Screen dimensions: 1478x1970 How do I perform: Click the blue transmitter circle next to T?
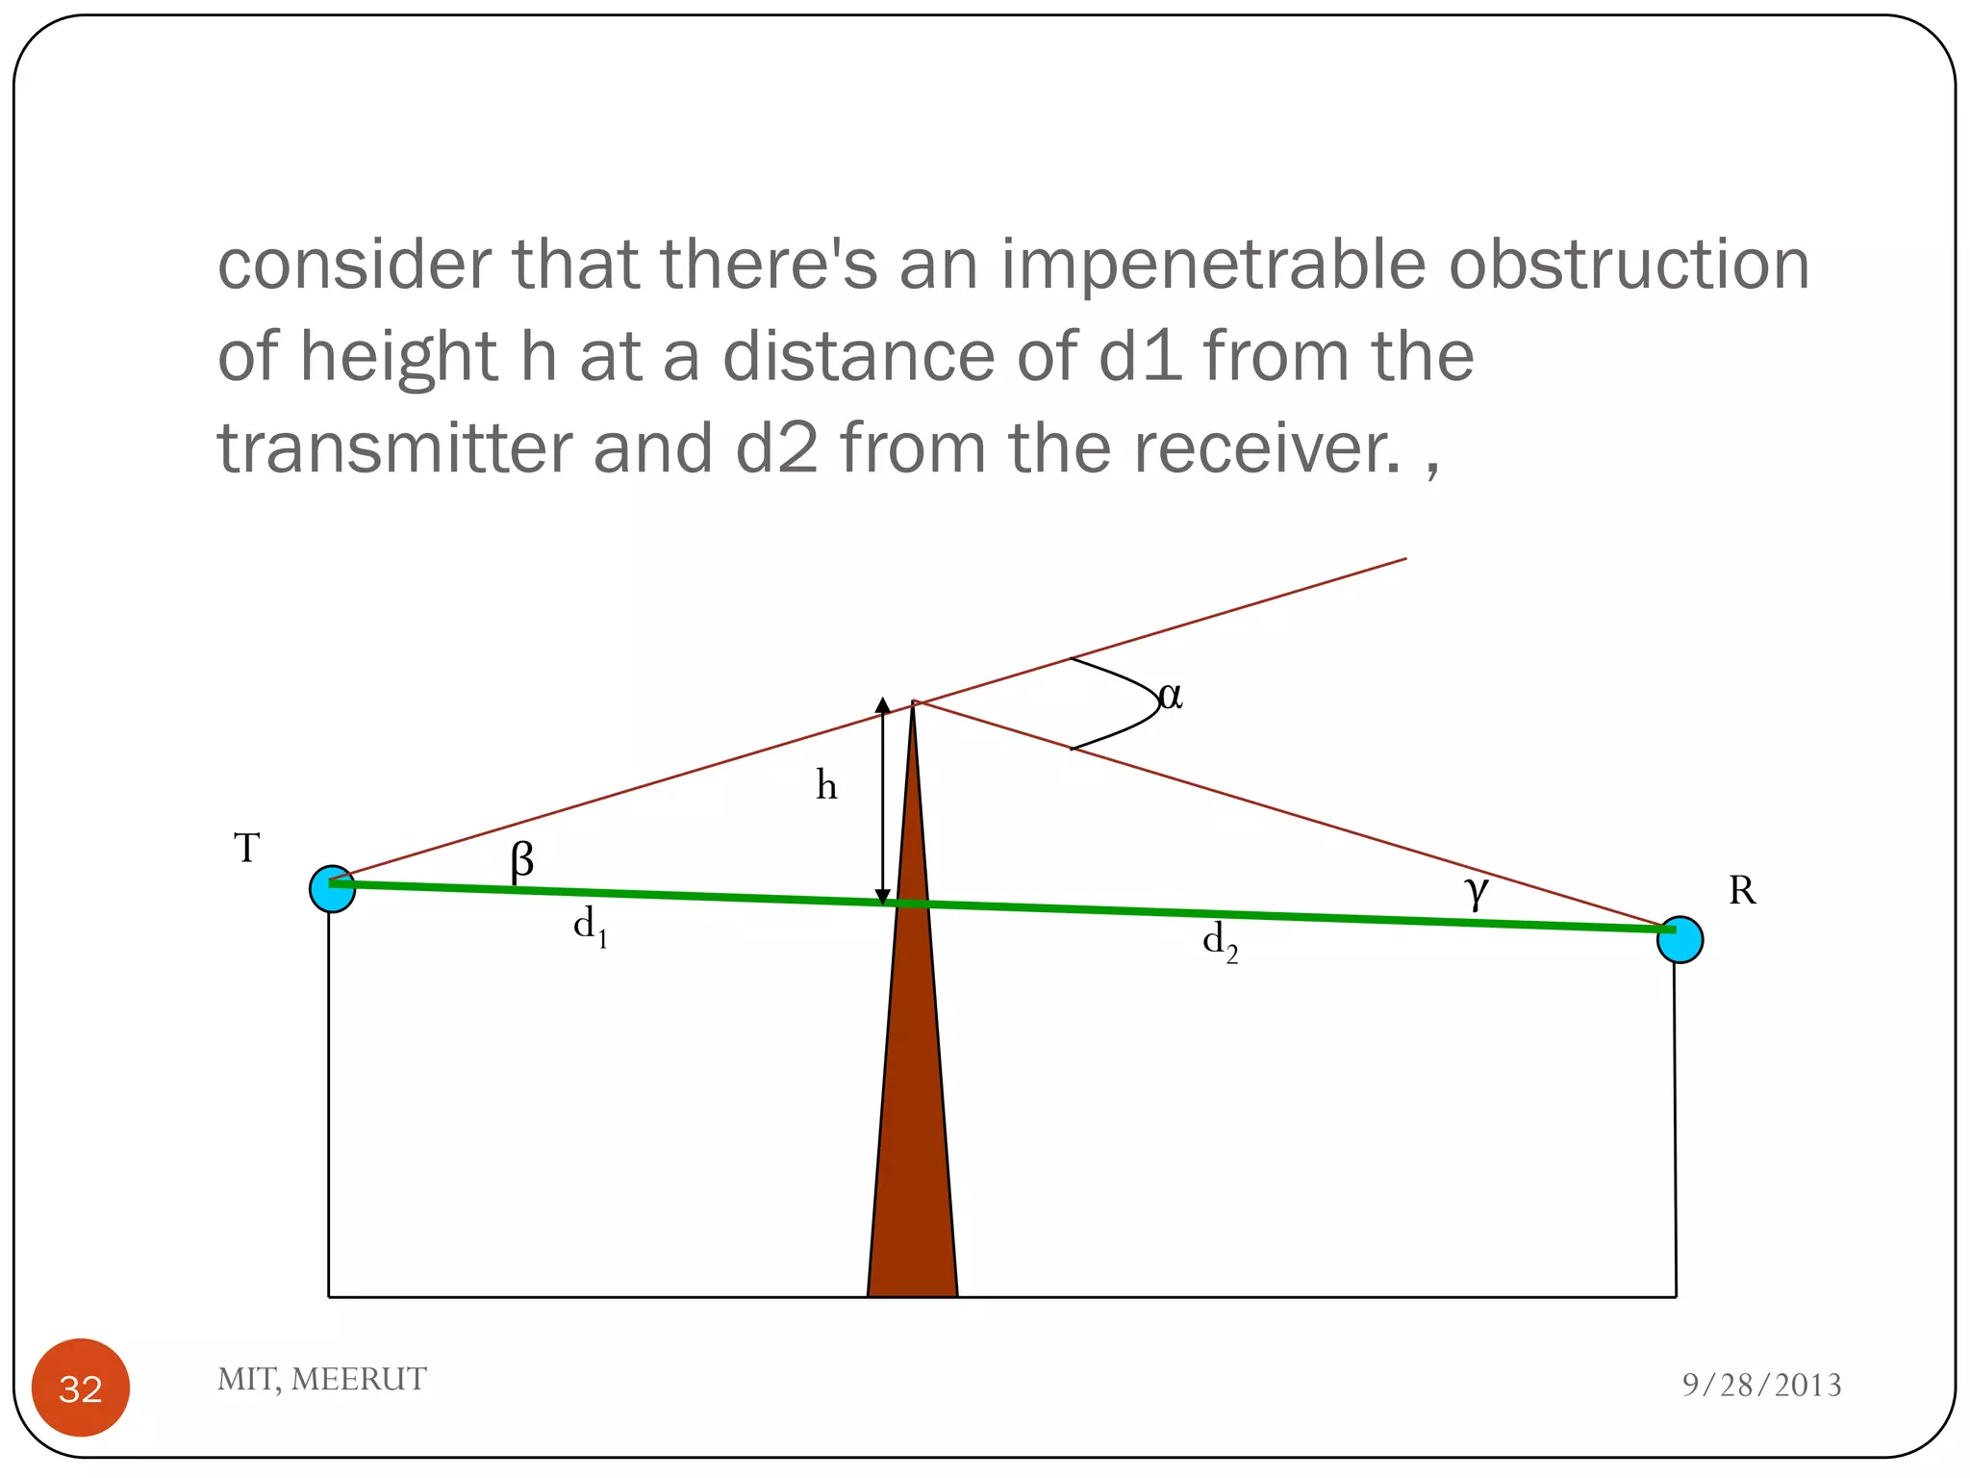coord(332,888)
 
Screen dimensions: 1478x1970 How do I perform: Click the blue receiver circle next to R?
coord(1680,939)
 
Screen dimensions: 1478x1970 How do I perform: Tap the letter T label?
coord(247,849)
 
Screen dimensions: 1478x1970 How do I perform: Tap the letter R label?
coord(1741,891)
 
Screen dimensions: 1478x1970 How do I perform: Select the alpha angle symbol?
coord(1171,696)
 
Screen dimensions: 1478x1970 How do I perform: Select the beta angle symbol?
coord(521,859)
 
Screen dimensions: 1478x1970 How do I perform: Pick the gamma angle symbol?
coord(1477,891)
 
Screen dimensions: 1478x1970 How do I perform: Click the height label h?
coord(826,785)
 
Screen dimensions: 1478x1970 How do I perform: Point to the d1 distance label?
coord(590,928)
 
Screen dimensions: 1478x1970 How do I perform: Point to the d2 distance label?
coord(1220,942)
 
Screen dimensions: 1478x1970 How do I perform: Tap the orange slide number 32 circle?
coord(81,1388)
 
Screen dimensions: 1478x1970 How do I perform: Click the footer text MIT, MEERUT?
coord(321,1379)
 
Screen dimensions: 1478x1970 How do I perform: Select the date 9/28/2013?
coord(1761,1385)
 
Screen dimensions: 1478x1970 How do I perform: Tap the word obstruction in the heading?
coord(1629,265)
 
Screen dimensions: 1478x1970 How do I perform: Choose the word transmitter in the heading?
coord(394,449)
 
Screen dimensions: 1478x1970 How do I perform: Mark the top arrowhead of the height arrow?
coord(882,705)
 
